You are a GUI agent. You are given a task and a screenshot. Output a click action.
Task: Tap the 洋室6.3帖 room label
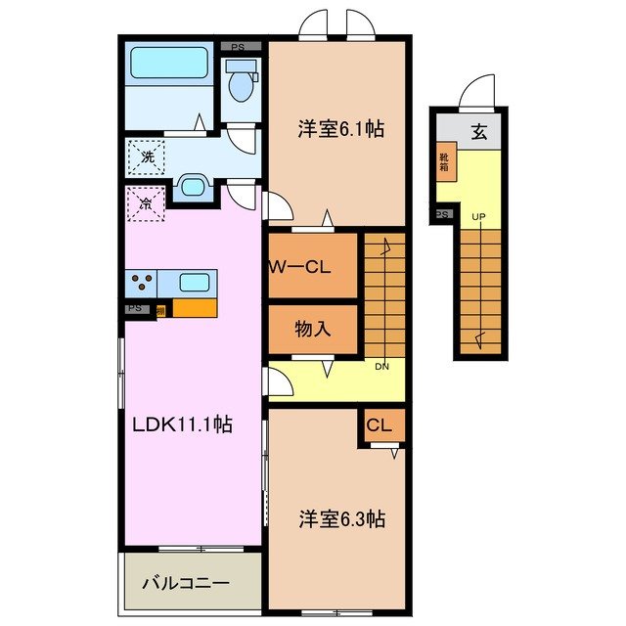coord(341,518)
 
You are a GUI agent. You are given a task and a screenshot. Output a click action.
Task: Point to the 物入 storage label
coord(312,329)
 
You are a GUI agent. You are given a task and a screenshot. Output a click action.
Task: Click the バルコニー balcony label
coord(185,583)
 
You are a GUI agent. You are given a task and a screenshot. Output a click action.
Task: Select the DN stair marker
coord(382,367)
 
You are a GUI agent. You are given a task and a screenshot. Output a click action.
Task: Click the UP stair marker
coord(478,216)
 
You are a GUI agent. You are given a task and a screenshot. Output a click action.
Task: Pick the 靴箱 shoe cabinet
coord(444,162)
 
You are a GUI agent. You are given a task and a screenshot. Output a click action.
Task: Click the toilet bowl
coord(240,85)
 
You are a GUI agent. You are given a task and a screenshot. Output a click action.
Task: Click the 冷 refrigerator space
coord(144,204)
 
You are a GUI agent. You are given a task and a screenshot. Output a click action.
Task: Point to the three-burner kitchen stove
coord(141,284)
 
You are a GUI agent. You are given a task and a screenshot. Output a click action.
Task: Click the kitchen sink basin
coord(193,283)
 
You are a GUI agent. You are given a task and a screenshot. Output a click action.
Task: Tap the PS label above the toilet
coord(240,45)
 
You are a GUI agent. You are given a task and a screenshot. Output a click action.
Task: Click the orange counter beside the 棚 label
coord(194,309)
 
